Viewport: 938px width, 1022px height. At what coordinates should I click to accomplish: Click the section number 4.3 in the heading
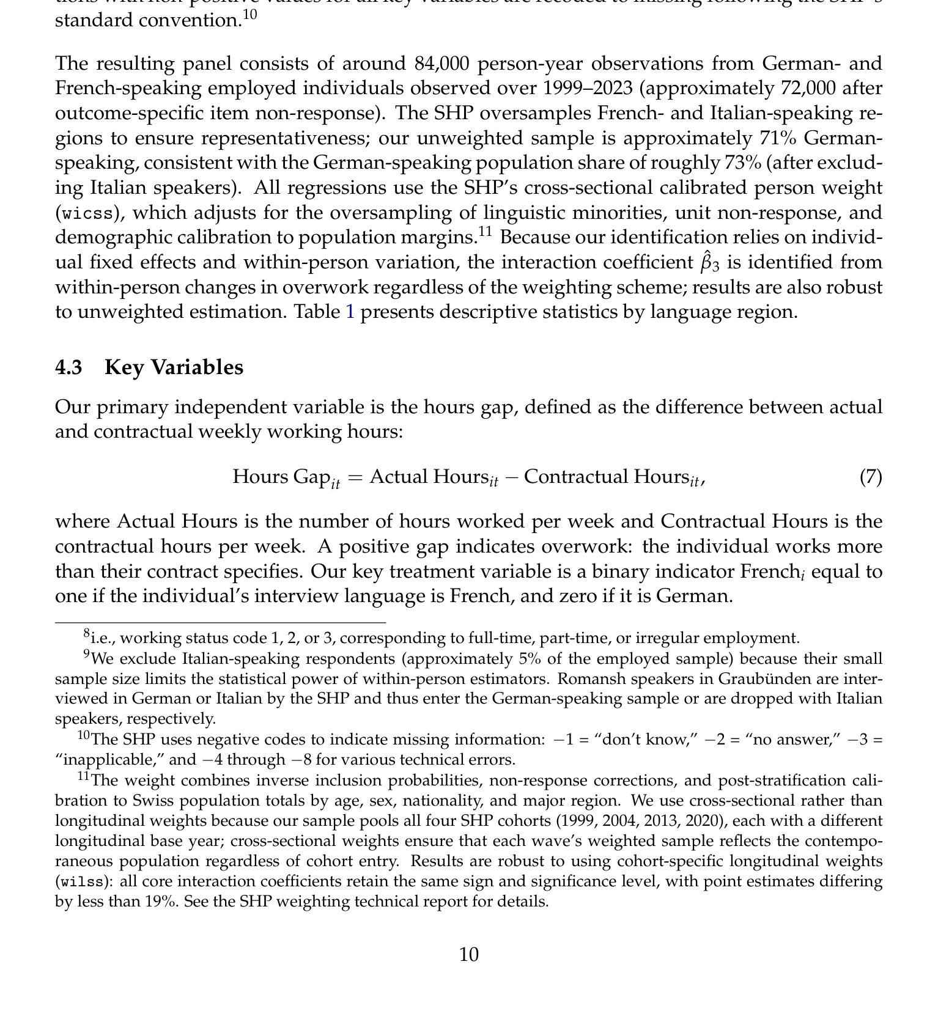pos(68,367)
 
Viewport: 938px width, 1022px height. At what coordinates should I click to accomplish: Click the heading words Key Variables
pos(174,367)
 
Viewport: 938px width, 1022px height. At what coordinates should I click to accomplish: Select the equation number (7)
pos(871,477)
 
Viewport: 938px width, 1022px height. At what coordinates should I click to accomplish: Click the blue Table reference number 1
pos(350,312)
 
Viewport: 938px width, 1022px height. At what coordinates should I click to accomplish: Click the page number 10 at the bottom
pos(469,955)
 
